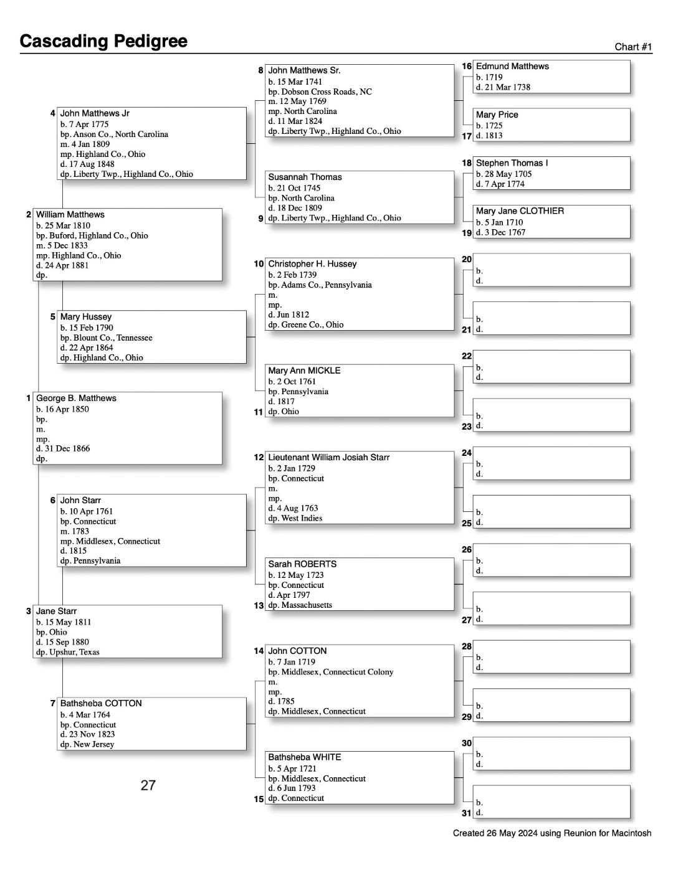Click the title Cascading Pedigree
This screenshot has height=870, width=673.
coord(103,41)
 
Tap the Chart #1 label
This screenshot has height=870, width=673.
coord(633,47)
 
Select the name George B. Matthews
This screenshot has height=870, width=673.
coord(76,399)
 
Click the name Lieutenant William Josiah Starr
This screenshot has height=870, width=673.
coord(328,458)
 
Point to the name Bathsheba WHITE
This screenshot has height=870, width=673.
coord(304,757)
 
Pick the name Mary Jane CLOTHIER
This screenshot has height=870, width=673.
coord(520,211)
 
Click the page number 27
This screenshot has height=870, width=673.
coord(148,785)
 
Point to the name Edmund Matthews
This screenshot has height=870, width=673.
coord(512,67)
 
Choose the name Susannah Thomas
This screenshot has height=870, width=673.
coord(305,177)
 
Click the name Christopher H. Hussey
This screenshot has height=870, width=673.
coord(312,264)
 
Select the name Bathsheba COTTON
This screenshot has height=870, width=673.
coord(101,704)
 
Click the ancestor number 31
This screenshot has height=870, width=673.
coord(467,813)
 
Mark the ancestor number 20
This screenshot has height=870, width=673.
coord(467,259)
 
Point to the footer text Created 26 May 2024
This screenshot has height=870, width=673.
coord(551,833)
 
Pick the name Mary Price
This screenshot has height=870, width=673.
coord(497,115)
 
